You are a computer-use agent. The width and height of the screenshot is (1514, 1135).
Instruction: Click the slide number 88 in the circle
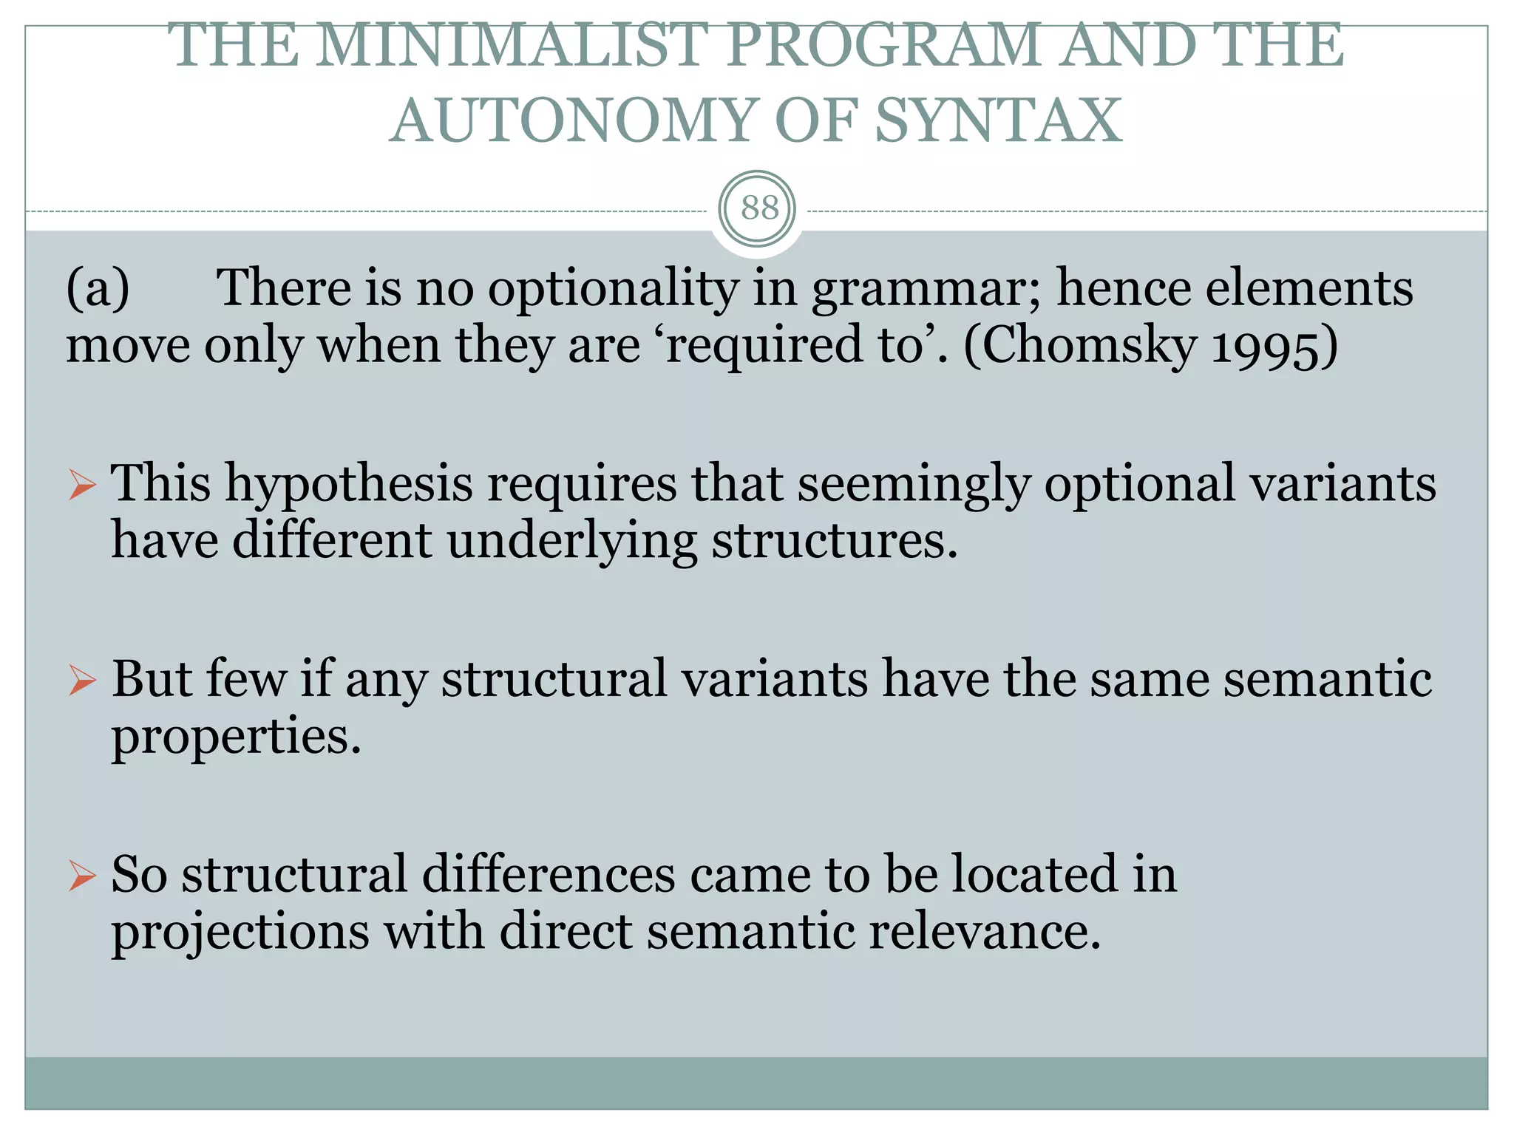(x=759, y=208)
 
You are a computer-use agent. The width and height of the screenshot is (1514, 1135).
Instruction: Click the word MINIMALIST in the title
(x=511, y=46)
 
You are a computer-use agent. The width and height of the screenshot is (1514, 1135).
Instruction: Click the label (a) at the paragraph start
(x=98, y=288)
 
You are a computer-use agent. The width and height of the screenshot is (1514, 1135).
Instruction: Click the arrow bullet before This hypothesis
(x=82, y=485)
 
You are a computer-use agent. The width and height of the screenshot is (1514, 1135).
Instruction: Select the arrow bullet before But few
(x=82, y=681)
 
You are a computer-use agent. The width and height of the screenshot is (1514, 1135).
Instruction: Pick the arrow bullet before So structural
(x=82, y=876)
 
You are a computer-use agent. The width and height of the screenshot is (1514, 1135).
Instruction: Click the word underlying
(x=571, y=542)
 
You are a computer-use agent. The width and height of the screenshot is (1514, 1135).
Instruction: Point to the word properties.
(x=236, y=737)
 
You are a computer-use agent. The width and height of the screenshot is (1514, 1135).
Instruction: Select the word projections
(x=240, y=932)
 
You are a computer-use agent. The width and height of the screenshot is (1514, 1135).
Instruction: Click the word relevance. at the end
(x=985, y=932)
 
